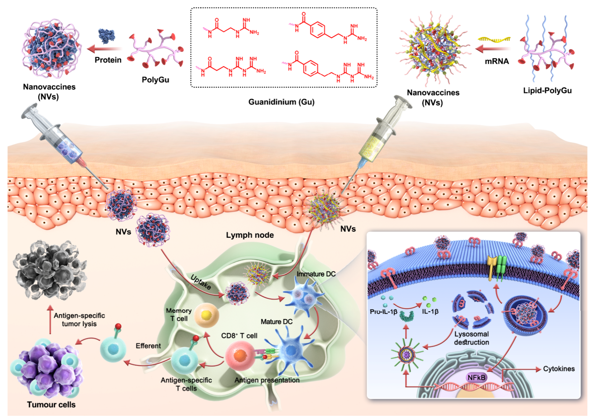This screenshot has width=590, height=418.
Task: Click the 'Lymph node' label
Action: pyautogui.click(x=250, y=235)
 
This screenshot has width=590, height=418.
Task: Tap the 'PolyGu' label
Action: pyautogui.click(x=155, y=80)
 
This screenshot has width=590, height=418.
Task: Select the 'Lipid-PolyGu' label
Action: pyautogui.click(x=547, y=91)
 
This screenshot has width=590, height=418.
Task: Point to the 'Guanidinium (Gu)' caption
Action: pyautogui.click(x=281, y=102)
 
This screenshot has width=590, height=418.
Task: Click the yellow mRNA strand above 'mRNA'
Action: pyautogui.click(x=494, y=39)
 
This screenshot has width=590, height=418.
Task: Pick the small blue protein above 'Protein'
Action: pyautogui.click(x=106, y=36)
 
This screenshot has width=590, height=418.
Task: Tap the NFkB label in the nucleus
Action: pyautogui.click(x=476, y=378)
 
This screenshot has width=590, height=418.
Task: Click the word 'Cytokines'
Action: pyautogui.click(x=559, y=369)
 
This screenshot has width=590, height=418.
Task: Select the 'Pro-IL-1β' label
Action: pyautogui.click(x=383, y=311)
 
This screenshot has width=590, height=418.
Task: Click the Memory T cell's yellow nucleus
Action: pyautogui.click(x=206, y=315)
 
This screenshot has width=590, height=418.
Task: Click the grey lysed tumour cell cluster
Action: pyautogui.click(x=50, y=269)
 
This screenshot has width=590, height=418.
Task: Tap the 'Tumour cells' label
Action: pyautogui.click(x=51, y=405)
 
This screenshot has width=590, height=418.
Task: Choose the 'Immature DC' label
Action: pyautogui.click(x=316, y=274)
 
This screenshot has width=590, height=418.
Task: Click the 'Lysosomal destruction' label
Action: pyautogui.click(x=471, y=338)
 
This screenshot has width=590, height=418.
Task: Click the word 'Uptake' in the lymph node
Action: pyautogui.click(x=201, y=282)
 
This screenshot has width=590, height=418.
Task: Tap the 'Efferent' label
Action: pyautogui.click(x=148, y=346)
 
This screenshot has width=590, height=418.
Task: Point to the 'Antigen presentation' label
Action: pyautogui.click(x=267, y=380)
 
